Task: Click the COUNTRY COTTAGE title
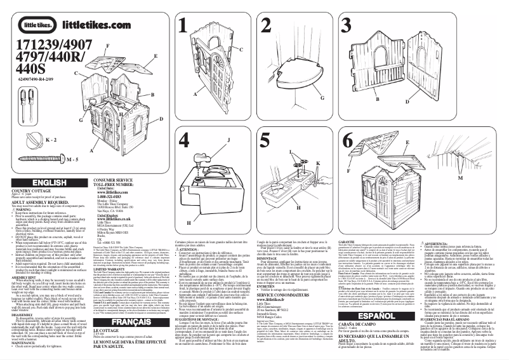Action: pyautogui.click(x=31, y=191)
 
